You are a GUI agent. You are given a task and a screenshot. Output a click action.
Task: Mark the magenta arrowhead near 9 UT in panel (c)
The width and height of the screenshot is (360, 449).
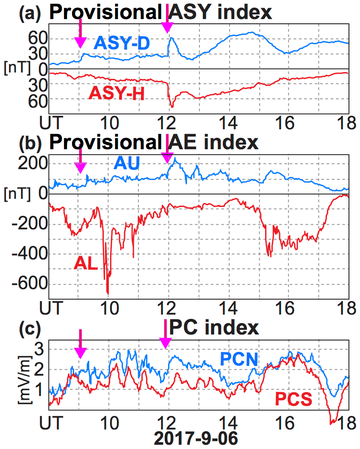[x=80, y=352]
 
